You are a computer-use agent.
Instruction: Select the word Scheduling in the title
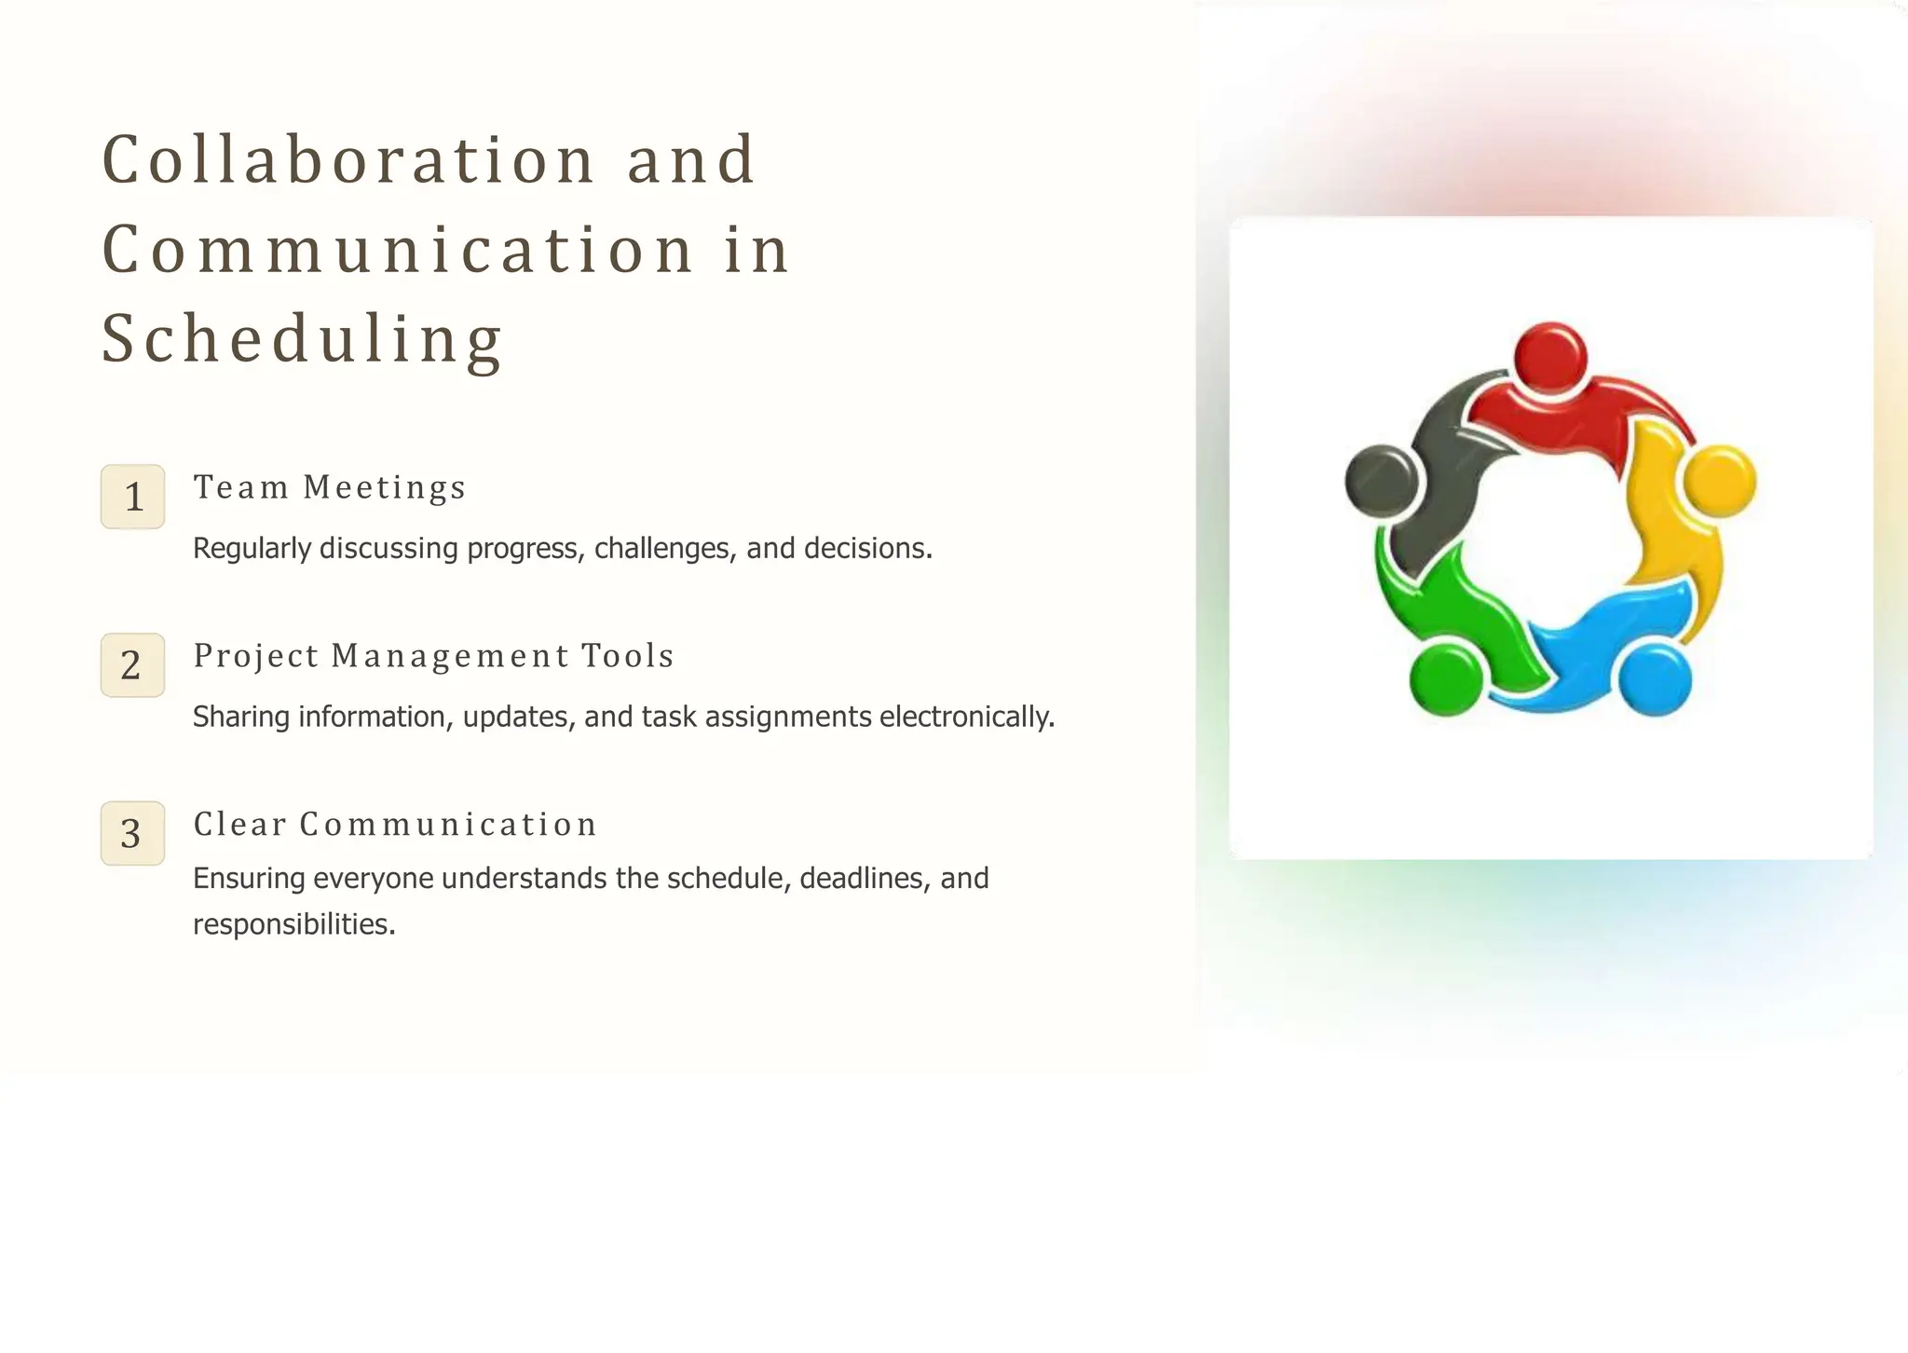click(x=302, y=339)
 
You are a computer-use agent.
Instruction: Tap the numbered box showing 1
click(x=133, y=497)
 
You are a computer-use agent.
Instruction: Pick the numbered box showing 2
click(x=133, y=665)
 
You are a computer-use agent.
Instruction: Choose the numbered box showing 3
click(x=133, y=833)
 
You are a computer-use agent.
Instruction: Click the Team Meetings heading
click(x=329, y=487)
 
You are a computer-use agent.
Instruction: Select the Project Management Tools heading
click(x=433, y=656)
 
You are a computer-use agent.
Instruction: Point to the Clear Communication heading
click(x=395, y=824)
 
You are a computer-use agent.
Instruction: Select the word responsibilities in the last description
click(x=293, y=924)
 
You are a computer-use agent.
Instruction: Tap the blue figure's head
click(x=1655, y=680)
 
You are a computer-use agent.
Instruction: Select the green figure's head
click(x=1445, y=680)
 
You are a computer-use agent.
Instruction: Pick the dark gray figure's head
click(x=1382, y=482)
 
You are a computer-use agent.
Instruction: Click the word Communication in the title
click(x=398, y=250)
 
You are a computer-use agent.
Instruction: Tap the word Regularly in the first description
click(x=252, y=548)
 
